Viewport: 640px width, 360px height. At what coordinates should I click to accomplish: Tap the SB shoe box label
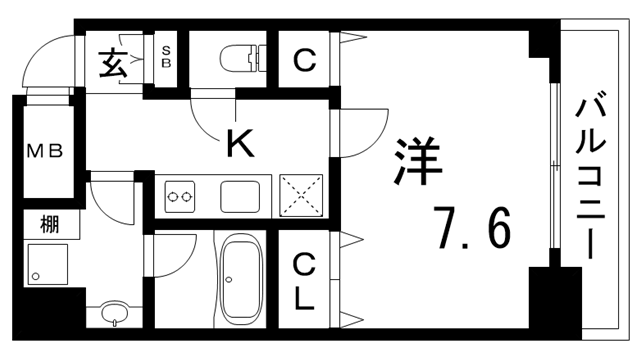tap(167, 55)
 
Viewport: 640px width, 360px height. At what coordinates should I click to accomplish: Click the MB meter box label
tap(45, 151)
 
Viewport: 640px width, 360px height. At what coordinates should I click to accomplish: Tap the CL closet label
tap(304, 281)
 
